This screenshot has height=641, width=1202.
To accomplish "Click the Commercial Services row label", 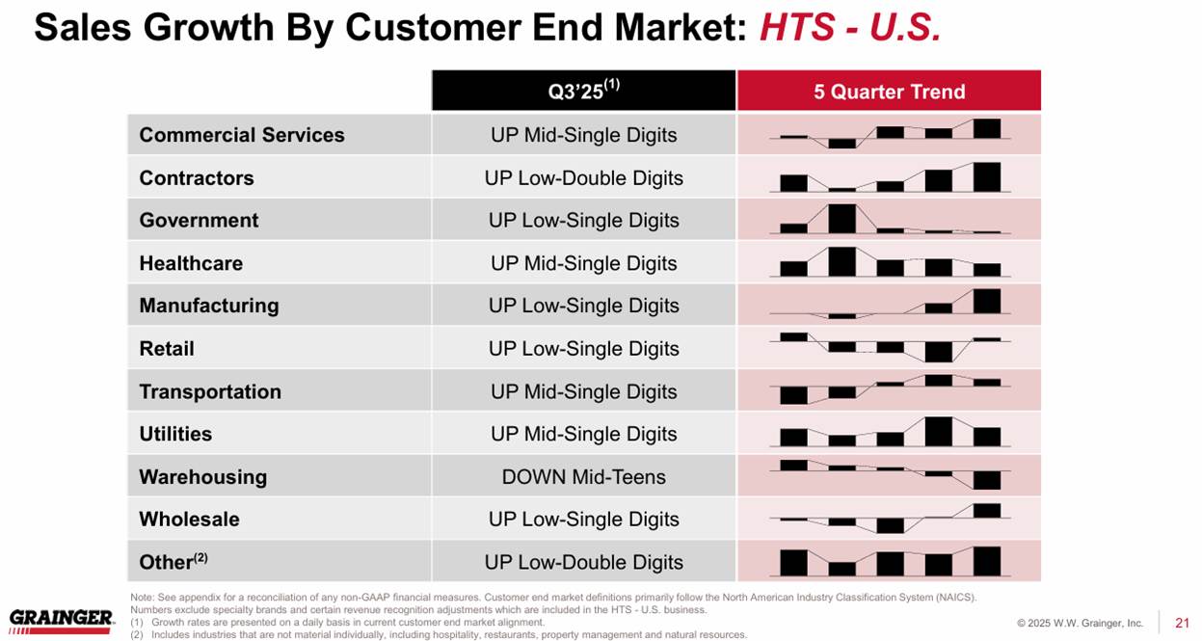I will (242, 135).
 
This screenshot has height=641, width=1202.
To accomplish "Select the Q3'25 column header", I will (583, 92).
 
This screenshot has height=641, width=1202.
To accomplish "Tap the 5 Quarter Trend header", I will (889, 92).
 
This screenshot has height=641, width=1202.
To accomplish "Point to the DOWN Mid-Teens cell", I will (583, 477).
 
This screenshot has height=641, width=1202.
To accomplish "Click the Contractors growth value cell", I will (583, 178).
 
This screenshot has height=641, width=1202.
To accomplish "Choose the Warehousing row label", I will (202, 477).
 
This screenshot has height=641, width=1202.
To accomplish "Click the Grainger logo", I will (61, 620).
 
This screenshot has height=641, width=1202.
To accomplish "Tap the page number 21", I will (1183, 623).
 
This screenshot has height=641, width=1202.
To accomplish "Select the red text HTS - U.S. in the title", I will (850, 29).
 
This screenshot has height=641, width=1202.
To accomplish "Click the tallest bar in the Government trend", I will (841, 219).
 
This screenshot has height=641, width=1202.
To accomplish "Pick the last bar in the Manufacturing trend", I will (986, 301).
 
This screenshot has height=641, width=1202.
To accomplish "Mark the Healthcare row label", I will (191, 263).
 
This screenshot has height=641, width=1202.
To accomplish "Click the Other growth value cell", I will (583, 562).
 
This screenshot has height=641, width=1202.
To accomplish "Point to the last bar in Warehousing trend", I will (986, 479).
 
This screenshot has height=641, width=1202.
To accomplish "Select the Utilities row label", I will (175, 434).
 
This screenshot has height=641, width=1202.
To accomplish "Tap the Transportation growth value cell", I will (583, 391).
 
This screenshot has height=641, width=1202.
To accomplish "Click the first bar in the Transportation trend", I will (793, 395).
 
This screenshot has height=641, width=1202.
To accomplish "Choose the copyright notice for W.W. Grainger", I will (1080, 624).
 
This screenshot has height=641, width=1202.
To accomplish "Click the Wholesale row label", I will (189, 520).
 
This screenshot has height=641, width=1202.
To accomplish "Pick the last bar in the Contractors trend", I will (986, 177).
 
